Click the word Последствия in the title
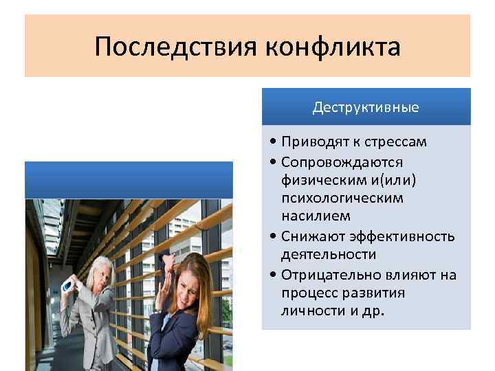(175, 48)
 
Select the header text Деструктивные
(366, 108)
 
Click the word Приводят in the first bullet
(311, 142)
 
